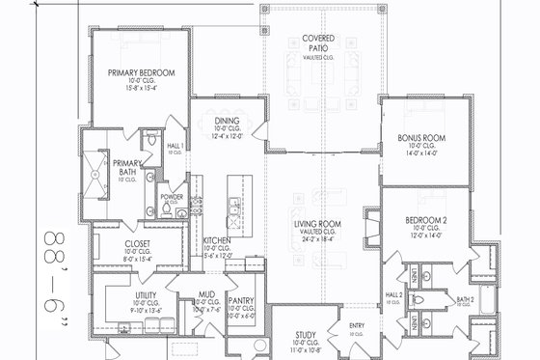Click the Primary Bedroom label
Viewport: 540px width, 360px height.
tap(141, 72)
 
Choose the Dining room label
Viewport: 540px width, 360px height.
tap(228, 121)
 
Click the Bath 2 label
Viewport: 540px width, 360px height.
tap(465, 300)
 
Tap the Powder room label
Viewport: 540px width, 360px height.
tap(172, 196)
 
